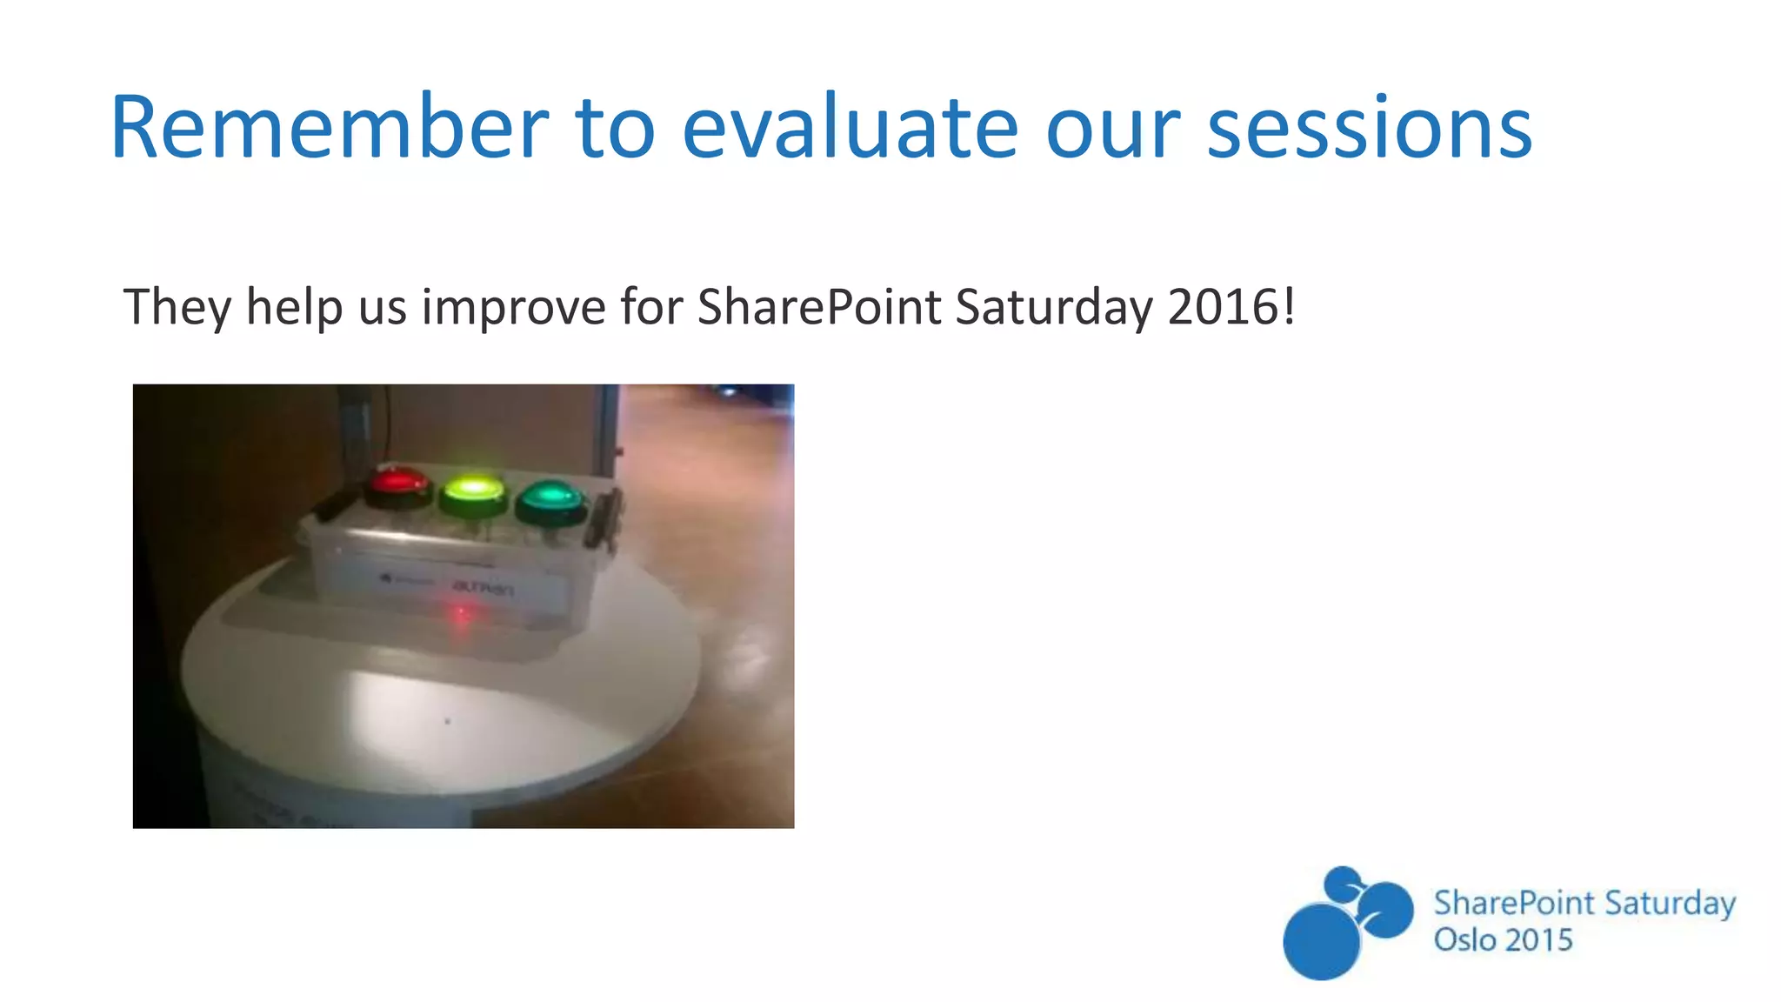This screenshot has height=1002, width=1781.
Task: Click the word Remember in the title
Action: click(329, 129)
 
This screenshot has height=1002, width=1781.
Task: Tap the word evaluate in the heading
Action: click(849, 129)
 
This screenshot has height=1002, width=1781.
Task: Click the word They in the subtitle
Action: click(177, 308)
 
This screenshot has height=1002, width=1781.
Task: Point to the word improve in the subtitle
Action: click(513, 308)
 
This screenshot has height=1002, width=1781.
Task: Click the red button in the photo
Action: click(398, 484)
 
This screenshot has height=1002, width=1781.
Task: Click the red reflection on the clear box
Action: click(462, 617)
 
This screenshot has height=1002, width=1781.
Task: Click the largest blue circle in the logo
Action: click(1321, 941)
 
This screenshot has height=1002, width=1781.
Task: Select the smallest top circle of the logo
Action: click(1343, 884)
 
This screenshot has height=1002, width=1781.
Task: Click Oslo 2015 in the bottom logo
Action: click(1503, 940)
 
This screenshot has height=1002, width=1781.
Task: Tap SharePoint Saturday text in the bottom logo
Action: click(1584, 903)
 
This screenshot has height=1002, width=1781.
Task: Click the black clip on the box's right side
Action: click(604, 518)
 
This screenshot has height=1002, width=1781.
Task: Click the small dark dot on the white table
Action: click(448, 721)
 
